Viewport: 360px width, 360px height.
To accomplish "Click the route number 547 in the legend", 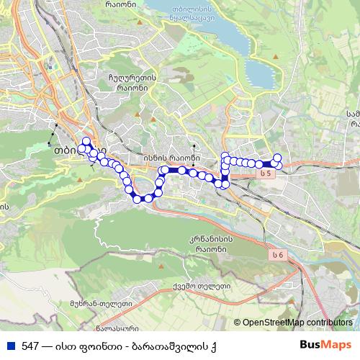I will point(30,346).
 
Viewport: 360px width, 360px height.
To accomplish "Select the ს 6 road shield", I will point(279,254).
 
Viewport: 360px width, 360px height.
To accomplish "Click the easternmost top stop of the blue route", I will point(276,158).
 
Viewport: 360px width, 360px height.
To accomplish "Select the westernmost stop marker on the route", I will point(81,148).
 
